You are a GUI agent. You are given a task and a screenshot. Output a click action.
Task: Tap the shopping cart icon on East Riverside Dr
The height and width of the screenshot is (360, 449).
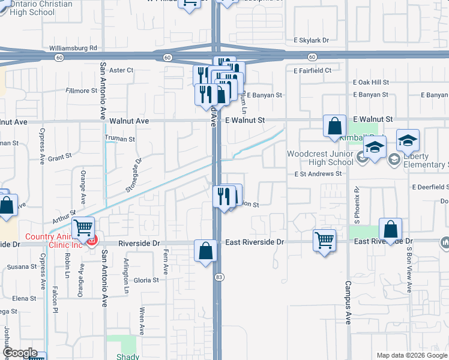click(x=324, y=240)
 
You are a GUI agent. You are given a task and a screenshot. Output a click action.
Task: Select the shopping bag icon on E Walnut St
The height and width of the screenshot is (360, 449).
click(x=334, y=126)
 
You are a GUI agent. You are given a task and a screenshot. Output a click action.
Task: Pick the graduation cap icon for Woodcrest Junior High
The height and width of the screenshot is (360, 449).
click(x=375, y=146)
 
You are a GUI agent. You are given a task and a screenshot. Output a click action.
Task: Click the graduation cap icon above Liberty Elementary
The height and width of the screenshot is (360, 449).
click(x=408, y=140)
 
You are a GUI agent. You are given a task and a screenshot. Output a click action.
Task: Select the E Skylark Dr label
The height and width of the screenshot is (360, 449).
click(x=311, y=40)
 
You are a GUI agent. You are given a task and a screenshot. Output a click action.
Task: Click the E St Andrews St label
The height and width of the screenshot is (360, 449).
click(x=318, y=174)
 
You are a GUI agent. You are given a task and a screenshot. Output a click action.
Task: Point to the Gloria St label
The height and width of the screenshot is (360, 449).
click(x=146, y=280)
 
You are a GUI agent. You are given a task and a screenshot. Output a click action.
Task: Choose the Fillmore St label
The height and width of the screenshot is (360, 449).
click(x=81, y=91)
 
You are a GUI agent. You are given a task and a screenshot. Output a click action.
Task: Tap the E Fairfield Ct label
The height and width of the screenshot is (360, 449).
click(x=312, y=71)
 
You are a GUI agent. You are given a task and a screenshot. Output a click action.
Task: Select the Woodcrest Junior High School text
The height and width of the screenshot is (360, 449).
click(x=319, y=158)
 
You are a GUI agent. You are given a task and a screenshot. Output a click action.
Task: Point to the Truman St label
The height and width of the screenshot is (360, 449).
click(x=119, y=139)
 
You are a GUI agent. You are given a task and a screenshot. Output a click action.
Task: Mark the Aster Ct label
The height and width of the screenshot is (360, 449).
click(x=121, y=70)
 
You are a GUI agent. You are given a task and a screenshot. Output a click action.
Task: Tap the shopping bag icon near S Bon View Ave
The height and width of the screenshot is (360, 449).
click(x=390, y=229)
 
